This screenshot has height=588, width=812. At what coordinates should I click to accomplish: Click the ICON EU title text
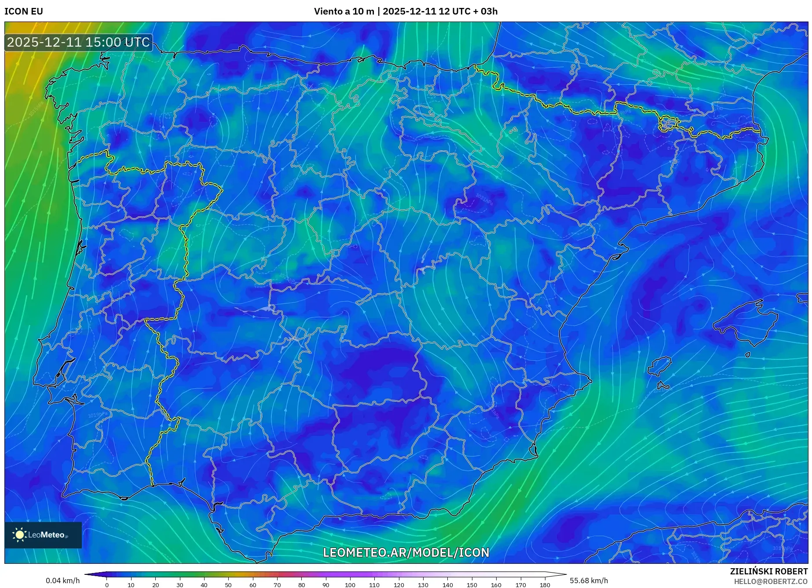click(x=24, y=11)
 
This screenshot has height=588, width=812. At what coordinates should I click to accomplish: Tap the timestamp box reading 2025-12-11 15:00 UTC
click(x=78, y=42)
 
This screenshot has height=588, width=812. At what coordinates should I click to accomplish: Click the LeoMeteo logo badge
click(x=43, y=535)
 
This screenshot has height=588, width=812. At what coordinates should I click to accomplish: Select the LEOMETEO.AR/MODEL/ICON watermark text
click(x=406, y=552)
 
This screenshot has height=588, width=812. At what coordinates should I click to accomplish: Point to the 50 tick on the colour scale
click(x=228, y=584)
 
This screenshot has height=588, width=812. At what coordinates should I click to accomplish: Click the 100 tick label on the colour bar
click(x=350, y=585)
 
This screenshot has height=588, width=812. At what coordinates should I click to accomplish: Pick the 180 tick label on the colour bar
click(x=545, y=585)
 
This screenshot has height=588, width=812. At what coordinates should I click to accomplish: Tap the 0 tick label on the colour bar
click(x=106, y=585)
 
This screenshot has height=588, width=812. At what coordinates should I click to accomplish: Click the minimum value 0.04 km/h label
click(x=62, y=581)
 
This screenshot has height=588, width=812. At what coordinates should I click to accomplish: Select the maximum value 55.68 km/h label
click(x=589, y=581)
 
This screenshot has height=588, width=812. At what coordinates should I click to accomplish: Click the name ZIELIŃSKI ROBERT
click(x=768, y=571)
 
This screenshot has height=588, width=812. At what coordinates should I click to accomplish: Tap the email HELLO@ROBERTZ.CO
click(x=770, y=581)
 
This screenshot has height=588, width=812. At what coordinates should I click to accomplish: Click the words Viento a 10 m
click(x=344, y=11)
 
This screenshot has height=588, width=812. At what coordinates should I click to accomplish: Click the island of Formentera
click(x=663, y=386)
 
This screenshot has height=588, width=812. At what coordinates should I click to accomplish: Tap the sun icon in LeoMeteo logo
click(x=19, y=535)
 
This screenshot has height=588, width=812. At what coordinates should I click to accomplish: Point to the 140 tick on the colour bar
click(x=447, y=584)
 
